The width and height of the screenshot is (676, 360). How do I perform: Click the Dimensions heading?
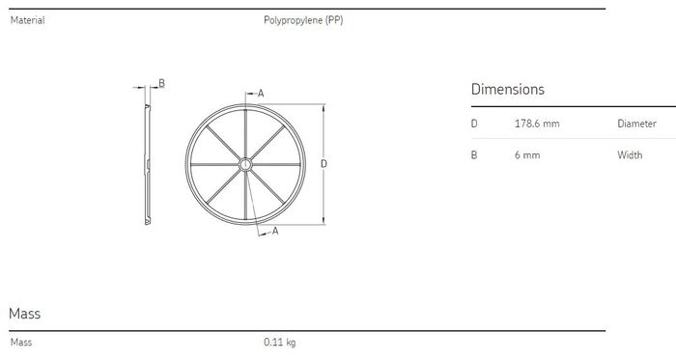click(x=507, y=89)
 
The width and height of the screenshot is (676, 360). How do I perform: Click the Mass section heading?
click(x=24, y=313)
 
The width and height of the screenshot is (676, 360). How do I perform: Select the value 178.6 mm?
click(x=537, y=124)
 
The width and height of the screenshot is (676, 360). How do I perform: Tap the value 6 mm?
click(x=527, y=155)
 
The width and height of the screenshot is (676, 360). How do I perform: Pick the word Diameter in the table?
click(x=636, y=124)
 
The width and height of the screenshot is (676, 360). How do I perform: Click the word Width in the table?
click(x=630, y=155)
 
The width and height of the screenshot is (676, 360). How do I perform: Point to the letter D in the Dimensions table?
click(x=474, y=124)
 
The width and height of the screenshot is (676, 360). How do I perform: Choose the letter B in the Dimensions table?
click(x=474, y=155)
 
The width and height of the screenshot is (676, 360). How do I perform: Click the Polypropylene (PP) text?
click(x=303, y=20)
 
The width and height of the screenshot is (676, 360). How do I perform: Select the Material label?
click(x=28, y=20)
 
